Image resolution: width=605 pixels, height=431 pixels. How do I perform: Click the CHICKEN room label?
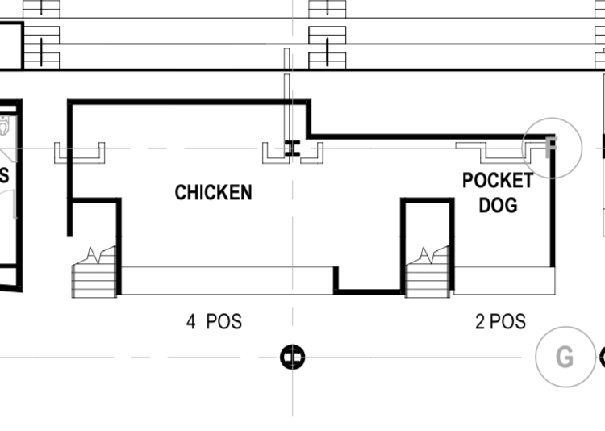coord(214,192)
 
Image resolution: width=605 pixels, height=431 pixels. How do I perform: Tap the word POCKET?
coord(498,180)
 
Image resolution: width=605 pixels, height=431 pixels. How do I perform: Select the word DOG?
coord(499,205)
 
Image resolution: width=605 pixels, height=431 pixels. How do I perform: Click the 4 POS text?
coord(214,322)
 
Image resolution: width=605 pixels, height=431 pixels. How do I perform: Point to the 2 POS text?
coord(500,322)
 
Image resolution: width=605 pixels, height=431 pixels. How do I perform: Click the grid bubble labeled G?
coord(565,357)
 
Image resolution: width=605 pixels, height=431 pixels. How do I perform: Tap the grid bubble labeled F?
coord(552,148)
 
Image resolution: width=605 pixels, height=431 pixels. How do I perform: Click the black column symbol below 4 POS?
coord(293,357)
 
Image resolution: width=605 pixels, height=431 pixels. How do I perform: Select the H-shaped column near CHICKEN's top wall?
coord(293,149)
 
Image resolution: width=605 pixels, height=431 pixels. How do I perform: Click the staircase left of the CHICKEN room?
coord(94,272)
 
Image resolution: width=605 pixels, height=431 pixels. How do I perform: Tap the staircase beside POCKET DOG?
coord(428,272)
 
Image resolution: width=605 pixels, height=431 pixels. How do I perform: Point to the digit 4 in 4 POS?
coord(191,322)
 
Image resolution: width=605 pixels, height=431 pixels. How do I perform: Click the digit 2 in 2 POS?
coord(480,322)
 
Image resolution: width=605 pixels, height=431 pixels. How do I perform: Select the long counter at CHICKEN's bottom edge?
coord(227,280)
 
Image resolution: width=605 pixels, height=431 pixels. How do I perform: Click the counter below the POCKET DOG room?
coord(505,280)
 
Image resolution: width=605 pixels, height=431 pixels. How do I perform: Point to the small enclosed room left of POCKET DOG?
coord(428,222)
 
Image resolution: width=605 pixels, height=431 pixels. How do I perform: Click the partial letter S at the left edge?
coord(4,176)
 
